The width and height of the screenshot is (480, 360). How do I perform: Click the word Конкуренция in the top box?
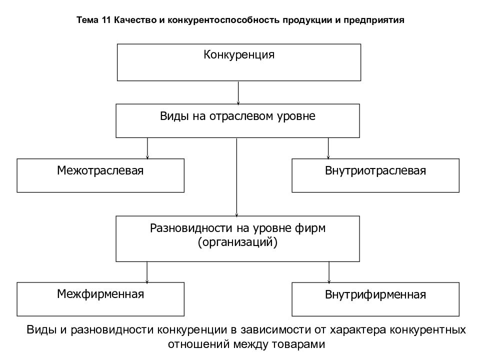(x=239, y=55)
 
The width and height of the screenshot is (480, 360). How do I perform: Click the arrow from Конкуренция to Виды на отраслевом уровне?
(x=238, y=92)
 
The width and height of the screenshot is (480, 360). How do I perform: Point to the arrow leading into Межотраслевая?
(x=147, y=148)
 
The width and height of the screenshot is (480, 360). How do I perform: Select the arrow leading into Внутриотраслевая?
(x=328, y=148)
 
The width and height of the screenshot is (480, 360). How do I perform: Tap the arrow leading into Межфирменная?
(x=147, y=272)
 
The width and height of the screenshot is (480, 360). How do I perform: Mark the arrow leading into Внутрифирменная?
(x=329, y=272)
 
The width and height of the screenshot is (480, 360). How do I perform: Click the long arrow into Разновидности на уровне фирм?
(x=236, y=177)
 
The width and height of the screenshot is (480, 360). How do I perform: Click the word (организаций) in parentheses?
(x=237, y=242)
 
